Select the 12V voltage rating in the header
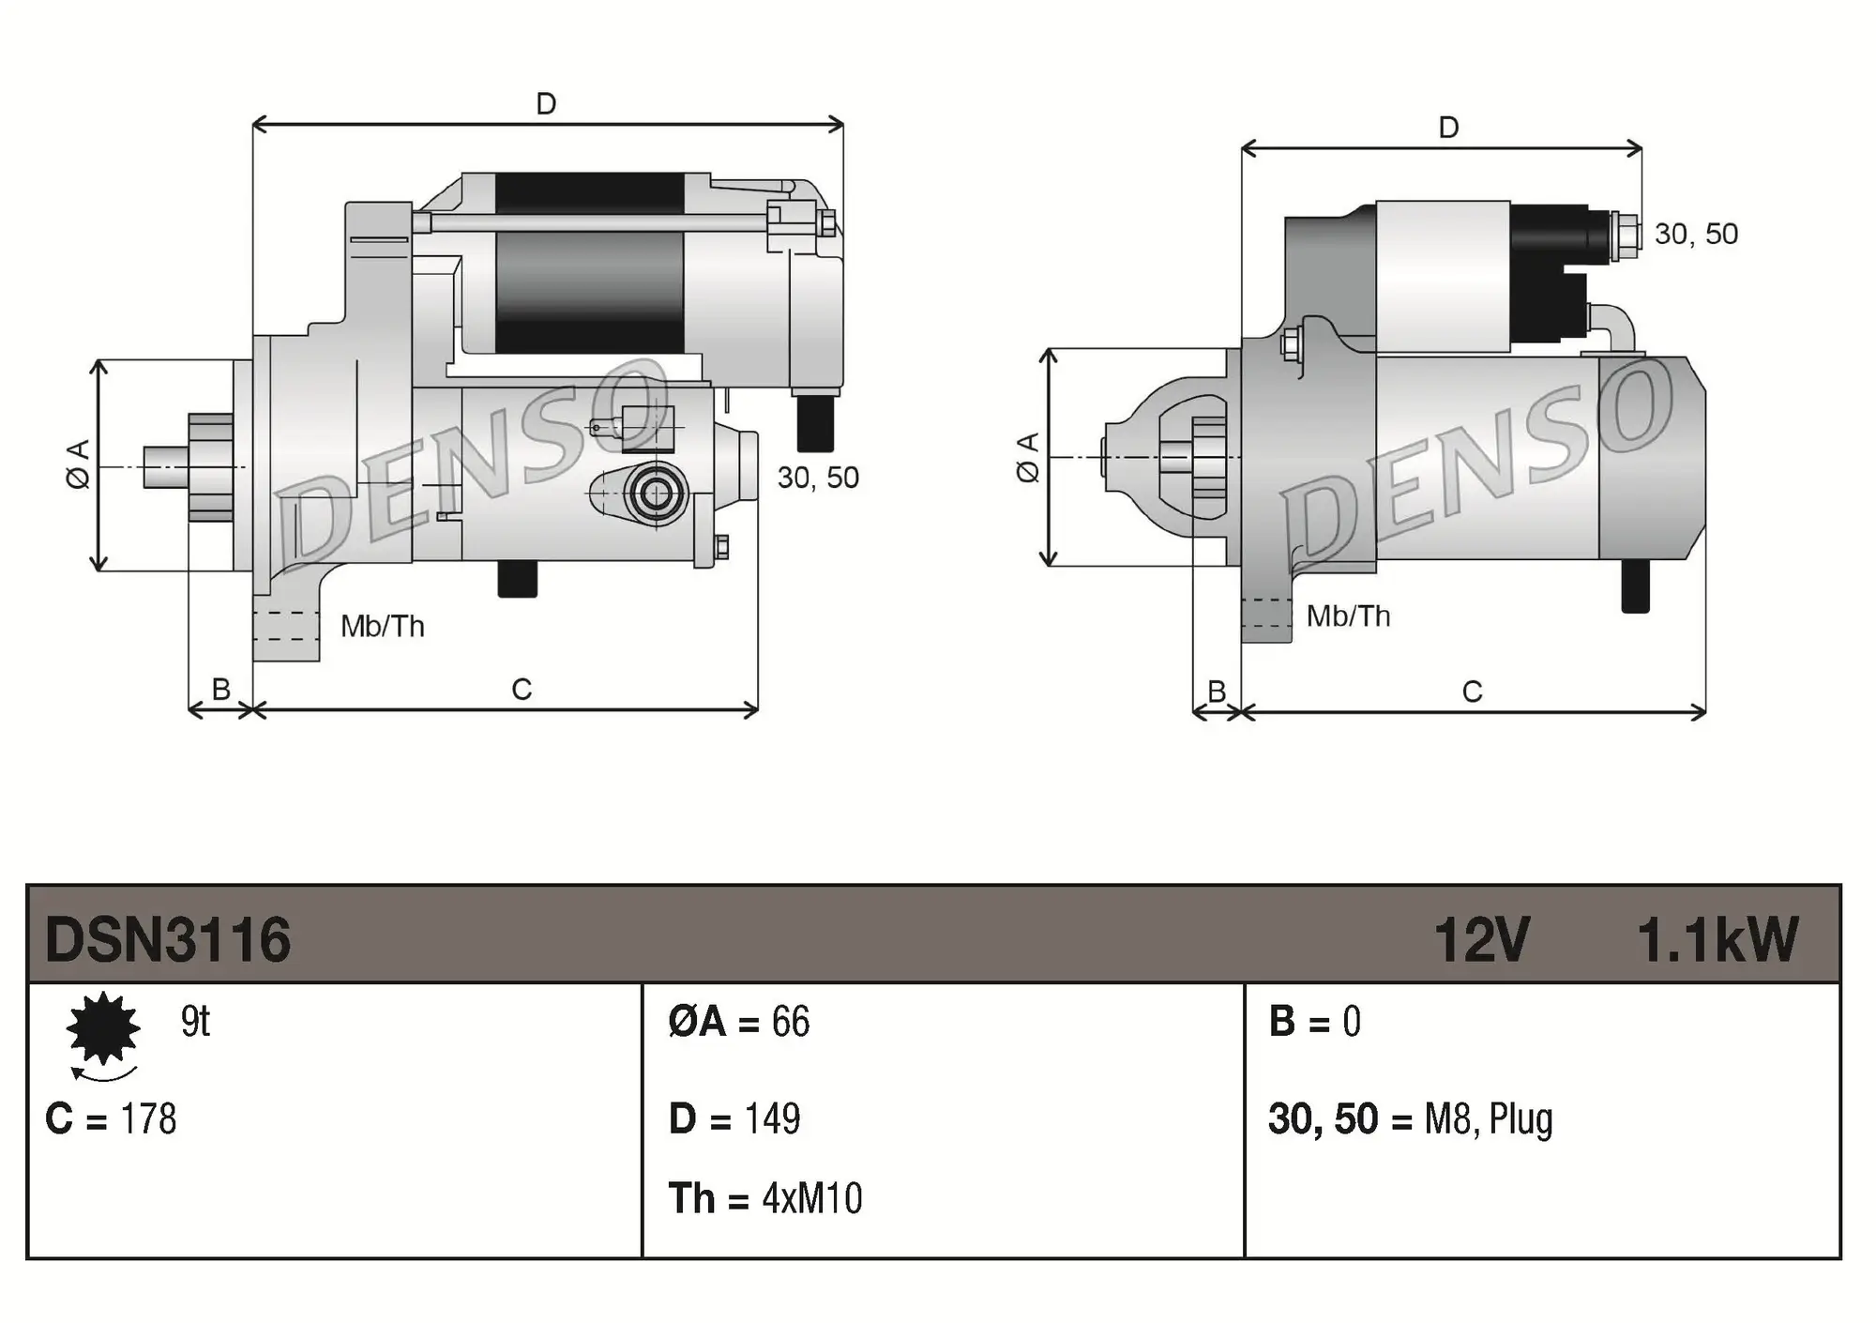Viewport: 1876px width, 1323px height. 1481,939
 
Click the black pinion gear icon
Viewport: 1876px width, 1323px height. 103,1028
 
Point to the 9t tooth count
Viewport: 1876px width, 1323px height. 195,1021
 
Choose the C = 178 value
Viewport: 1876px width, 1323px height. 111,1118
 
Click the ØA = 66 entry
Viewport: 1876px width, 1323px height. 738,1021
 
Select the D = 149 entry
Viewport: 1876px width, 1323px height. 734,1118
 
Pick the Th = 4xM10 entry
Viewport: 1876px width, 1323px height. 764,1198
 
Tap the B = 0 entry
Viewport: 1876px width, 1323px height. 1314,1021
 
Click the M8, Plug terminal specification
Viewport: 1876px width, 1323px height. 1488,1118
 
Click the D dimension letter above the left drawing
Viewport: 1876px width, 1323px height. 546,103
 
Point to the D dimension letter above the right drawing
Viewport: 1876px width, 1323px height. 1448,128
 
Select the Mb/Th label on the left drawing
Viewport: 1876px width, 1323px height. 382,626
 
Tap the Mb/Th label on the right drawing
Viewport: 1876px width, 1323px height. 1348,616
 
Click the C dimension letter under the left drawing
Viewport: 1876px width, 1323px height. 522,690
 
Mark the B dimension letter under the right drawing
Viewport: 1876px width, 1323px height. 1217,692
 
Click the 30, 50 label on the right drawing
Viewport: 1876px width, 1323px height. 1696,234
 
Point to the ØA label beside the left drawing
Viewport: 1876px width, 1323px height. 79,464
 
